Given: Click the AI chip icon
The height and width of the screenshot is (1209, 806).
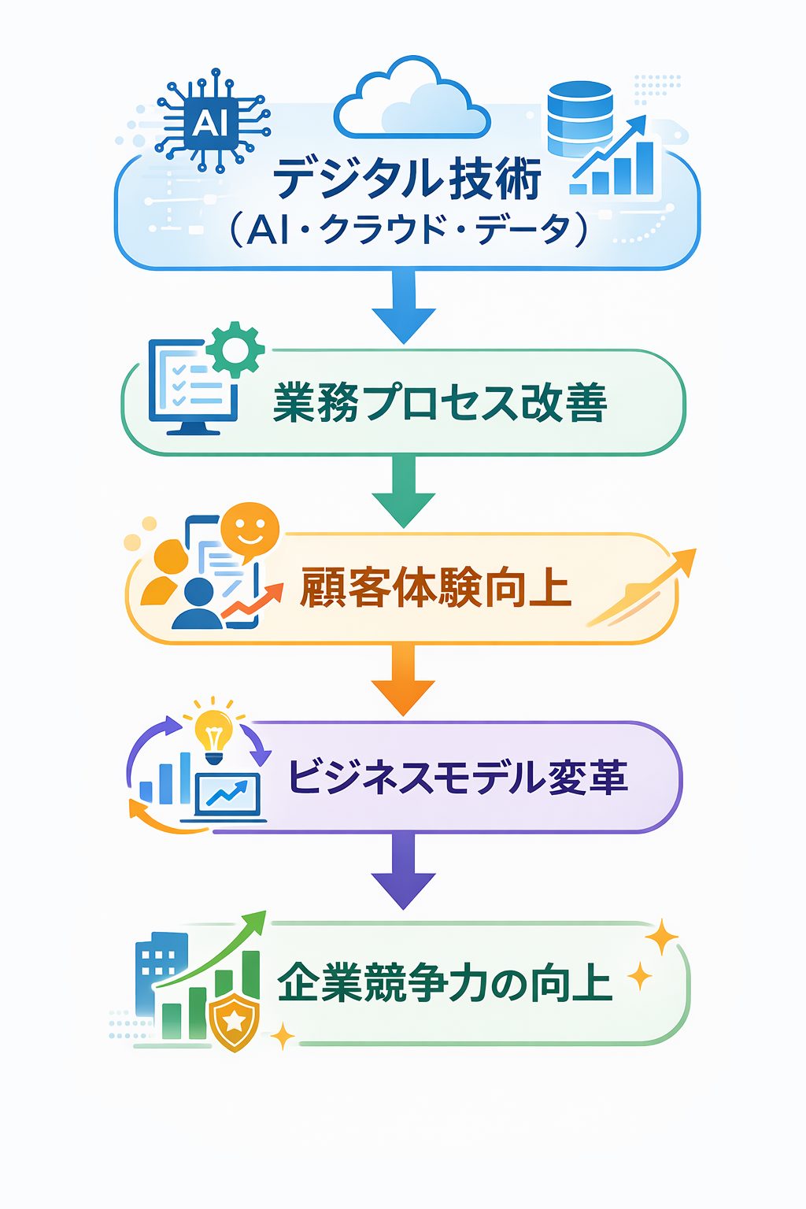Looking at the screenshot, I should pos(206,121).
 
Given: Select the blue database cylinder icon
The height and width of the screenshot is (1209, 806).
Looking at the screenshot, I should pos(579,119).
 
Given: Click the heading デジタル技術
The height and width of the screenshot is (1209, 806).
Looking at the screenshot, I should pos(408,178).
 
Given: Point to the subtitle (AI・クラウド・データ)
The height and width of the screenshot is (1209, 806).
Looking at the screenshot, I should pos(408,231).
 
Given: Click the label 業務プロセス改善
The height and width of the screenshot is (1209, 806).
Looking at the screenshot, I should pos(440,403).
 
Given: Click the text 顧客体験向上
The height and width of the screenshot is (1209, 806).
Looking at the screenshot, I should pos(435,588).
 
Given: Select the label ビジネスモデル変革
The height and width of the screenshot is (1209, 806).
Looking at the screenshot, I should pos(457,777).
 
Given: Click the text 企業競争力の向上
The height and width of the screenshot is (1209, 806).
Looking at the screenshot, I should pos(445,984).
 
